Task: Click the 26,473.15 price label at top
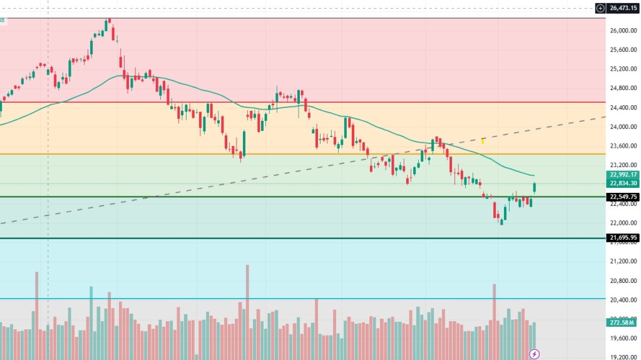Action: pos(623,8)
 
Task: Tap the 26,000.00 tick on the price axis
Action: pos(623,31)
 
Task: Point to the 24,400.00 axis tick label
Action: pos(623,108)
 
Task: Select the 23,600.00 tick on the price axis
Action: pos(623,146)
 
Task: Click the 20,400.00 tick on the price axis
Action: pos(623,300)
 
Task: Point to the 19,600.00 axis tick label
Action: pos(623,339)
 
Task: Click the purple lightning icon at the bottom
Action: pos(534,354)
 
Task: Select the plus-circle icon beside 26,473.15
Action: pos(600,8)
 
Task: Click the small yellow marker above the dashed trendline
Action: pos(483,140)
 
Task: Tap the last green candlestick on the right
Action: pos(535,187)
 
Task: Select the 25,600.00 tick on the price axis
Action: pos(623,50)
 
